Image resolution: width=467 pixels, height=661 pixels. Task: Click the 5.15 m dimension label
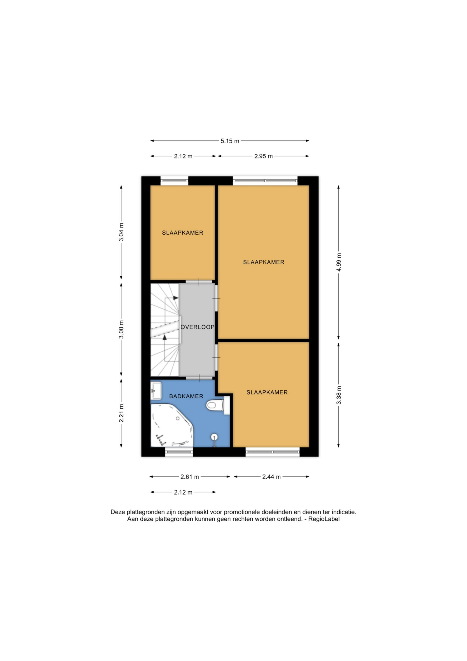coord(230,141)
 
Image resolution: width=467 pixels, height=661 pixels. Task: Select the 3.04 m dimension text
coord(121,232)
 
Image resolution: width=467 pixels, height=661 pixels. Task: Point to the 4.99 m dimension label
coord(339,262)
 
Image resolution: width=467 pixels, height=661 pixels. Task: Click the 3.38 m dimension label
coord(339,395)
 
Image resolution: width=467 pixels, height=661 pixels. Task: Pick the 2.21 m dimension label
coord(121,413)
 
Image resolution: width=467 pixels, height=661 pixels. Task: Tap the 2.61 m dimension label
coord(189,477)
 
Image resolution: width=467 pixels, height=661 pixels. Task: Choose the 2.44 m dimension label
coord(271,477)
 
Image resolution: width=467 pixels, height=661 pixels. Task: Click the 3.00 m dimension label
coord(121,329)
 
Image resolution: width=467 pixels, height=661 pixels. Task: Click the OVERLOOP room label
coord(197,327)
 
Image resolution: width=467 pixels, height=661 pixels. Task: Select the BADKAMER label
coord(186,396)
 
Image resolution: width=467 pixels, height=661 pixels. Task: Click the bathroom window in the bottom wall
coord(179,452)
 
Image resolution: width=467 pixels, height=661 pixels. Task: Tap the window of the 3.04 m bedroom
coord(174,181)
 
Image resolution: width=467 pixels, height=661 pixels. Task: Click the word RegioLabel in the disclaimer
coord(324,519)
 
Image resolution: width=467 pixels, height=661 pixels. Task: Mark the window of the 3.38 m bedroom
coord(272,452)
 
